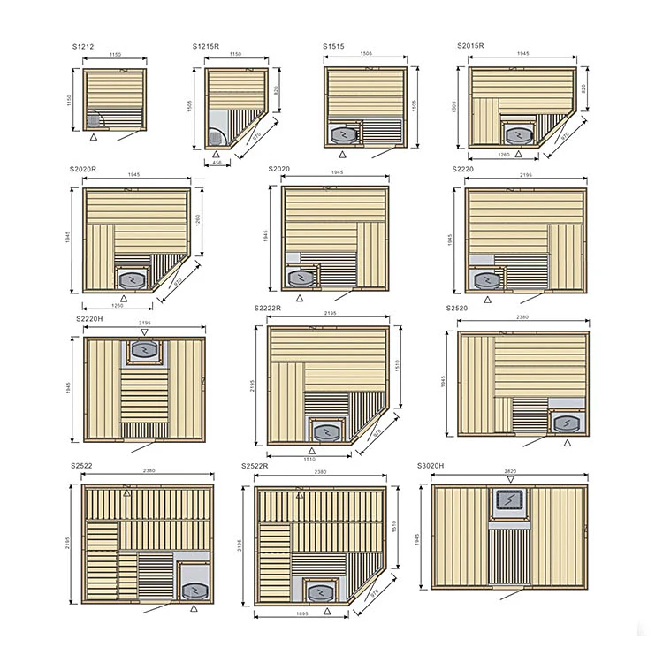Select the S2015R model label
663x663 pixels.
point(471,44)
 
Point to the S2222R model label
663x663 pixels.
point(267,308)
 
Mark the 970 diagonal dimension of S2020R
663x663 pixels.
point(177,281)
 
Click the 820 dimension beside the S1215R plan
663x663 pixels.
point(276,90)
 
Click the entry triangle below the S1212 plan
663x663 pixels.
point(95,138)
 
